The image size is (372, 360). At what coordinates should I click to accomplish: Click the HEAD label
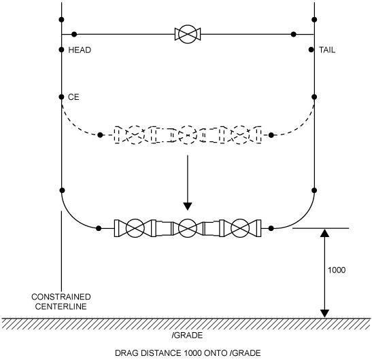(x=80, y=50)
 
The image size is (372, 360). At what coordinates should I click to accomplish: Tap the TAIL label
(x=327, y=50)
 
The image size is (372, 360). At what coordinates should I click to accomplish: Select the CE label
(x=73, y=97)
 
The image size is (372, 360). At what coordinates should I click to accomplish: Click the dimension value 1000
(x=337, y=270)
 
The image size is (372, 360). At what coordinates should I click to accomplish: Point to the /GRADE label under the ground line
(x=187, y=336)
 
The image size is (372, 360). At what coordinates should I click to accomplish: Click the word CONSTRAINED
(x=61, y=297)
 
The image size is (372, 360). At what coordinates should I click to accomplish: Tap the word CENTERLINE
(x=61, y=306)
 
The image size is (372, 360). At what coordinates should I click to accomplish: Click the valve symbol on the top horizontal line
(x=188, y=35)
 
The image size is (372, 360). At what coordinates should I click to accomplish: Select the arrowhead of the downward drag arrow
(x=188, y=206)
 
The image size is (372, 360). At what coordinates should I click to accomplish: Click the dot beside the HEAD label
(x=61, y=50)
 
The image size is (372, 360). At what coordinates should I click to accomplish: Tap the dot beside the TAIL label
(x=311, y=50)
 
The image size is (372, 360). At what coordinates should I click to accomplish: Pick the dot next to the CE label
(x=61, y=97)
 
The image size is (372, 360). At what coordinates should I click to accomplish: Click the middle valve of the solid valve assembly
(x=188, y=228)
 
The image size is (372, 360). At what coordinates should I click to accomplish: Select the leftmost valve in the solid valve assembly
(x=135, y=228)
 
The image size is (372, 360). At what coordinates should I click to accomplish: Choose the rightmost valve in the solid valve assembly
(x=240, y=228)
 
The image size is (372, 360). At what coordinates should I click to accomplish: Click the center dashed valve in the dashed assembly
(x=188, y=135)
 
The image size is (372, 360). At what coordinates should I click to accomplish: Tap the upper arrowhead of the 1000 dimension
(x=324, y=233)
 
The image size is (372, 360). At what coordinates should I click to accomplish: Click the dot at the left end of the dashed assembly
(x=100, y=135)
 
